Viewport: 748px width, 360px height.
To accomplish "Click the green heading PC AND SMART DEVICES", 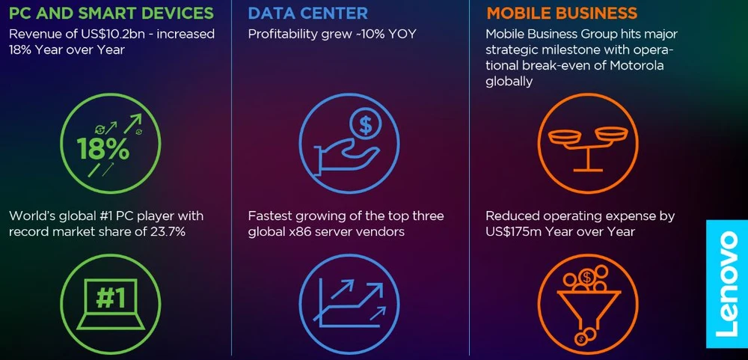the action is (111, 13).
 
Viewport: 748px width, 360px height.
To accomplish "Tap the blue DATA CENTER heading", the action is (307, 13).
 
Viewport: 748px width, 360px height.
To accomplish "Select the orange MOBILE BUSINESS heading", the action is (562, 13).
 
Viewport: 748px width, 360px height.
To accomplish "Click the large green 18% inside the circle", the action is (103, 150).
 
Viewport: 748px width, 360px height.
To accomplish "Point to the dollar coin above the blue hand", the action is (366, 125).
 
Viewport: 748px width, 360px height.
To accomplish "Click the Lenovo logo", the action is (726, 284).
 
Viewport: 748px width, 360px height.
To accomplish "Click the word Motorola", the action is (637, 65).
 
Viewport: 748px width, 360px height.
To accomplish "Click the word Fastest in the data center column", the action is (269, 216).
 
